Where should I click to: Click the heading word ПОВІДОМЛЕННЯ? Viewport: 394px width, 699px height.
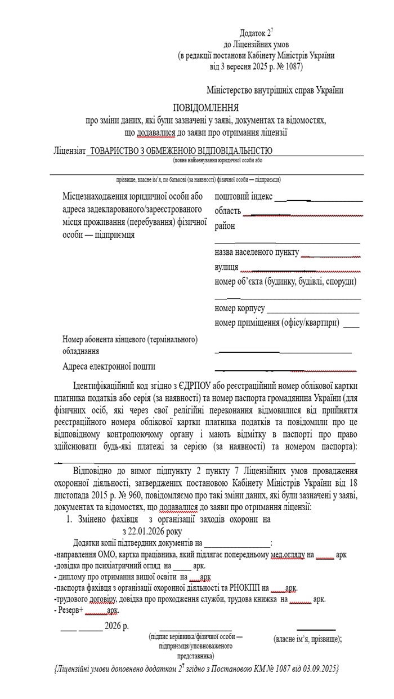[x=205, y=108]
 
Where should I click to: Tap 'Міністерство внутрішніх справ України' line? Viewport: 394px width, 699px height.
[x=275, y=90]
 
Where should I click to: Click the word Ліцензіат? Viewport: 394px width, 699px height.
[x=69, y=151]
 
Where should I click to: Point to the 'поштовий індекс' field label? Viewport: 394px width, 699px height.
[x=244, y=196]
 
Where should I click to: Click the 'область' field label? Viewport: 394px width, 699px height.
[x=228, y=211]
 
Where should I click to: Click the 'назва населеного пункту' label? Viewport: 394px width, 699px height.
[x=257, y=252]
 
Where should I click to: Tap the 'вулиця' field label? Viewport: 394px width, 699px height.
[x=226, y=267]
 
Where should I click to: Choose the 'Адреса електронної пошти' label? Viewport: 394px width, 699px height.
[x=109, y=366]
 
